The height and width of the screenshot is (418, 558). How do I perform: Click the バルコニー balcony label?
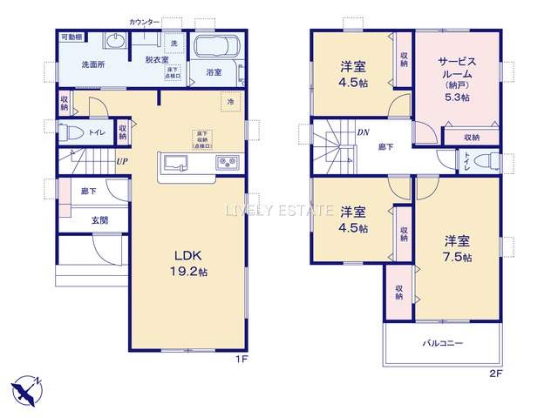click(x=444, y=343)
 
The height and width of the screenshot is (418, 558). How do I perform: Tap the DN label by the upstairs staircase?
click(x=363, y=132)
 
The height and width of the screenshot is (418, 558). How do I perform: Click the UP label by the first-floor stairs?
click(x=123, y=160)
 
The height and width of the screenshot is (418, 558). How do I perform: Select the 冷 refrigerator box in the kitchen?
click(x=230, y=101)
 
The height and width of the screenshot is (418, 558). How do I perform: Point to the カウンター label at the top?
click(x=145, y=19)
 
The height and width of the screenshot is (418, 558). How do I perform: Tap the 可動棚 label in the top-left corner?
click(x=71, y=37)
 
